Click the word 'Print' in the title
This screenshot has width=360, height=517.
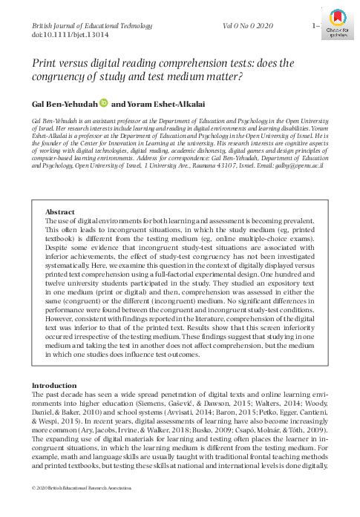point(45,65)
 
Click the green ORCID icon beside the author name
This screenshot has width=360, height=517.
point(103,104)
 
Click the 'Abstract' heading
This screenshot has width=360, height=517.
point(62,211)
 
